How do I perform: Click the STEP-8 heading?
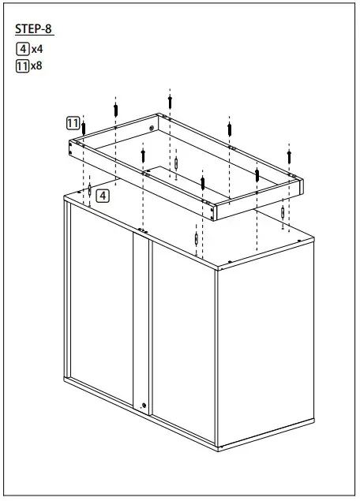34,30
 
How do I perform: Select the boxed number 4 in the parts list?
22,49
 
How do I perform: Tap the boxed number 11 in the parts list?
22,65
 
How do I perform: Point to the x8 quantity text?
36,65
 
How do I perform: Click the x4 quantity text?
36,49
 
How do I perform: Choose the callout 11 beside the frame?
72,123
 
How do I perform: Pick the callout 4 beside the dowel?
103,194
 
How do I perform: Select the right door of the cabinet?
183,331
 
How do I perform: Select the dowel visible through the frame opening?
178,163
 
